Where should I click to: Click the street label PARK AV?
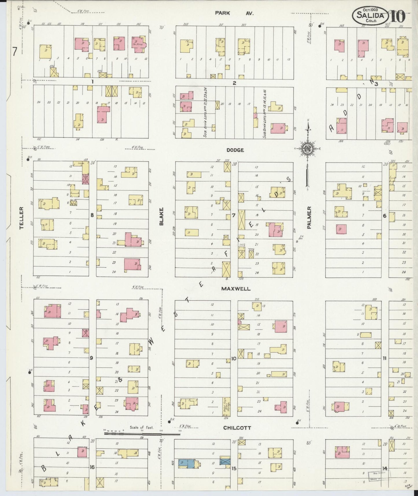(234, 13)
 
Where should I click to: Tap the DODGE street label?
(235, 150)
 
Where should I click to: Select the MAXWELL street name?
(236, 289)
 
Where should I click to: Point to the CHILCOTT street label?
(237, 428)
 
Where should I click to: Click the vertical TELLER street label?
(21, 218)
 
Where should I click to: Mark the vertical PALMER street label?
(309, 218)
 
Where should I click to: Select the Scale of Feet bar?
(142, 433)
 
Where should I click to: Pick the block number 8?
(92, 215)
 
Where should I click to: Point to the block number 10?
(234, 359)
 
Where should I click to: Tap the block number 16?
(92, 467)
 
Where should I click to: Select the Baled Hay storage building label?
(226, 406)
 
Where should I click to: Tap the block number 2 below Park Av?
(234, 83)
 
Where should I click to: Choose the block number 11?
(384, 358)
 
